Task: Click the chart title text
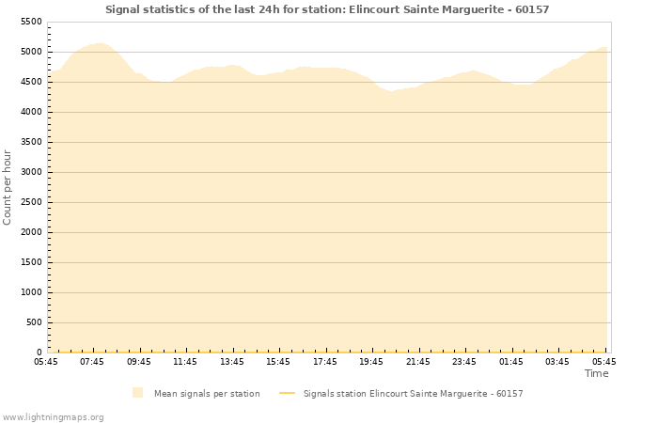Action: coord(327,9)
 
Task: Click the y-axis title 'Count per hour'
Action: coord(8,186)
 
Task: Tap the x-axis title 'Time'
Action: coord(596,373)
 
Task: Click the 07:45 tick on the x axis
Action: coord(92,361)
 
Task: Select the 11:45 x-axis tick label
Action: coord(185,361)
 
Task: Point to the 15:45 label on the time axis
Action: coord(278,361)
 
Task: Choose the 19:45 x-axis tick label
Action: coord(371,361)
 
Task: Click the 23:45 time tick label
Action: coord(464,361)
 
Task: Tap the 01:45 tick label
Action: coord(511,361)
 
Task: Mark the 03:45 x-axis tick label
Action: coord(557,361)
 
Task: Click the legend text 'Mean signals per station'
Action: coord(207,394)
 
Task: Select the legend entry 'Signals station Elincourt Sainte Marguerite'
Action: coord(413,394)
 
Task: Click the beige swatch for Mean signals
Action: coord(138,393)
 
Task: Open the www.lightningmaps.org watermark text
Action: coord(53,416)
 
